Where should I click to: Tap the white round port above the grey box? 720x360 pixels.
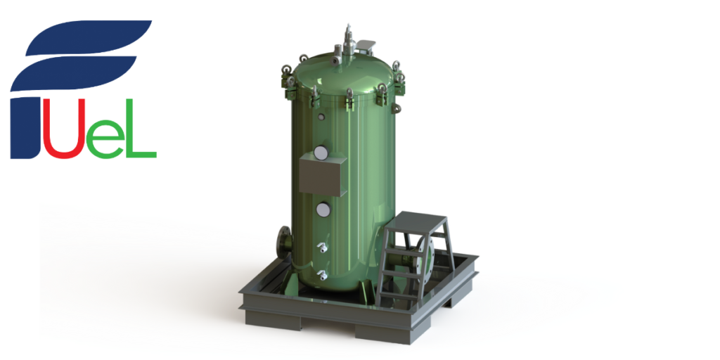(x=323, y=153)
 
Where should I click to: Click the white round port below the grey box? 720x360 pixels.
(x=323, y=209)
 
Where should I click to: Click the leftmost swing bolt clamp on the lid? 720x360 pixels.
(x=286, y=74)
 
